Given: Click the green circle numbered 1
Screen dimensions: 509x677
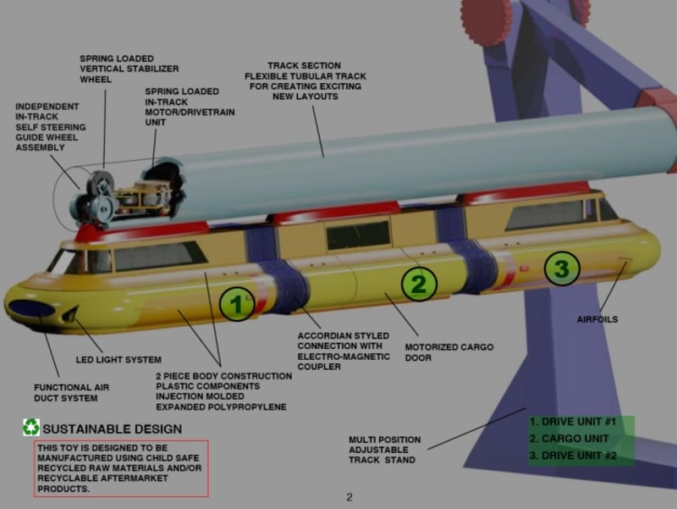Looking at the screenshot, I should [237, 304].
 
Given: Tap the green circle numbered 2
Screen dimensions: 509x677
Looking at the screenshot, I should [418, 283].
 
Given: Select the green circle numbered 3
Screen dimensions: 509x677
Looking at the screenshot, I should [561, 269].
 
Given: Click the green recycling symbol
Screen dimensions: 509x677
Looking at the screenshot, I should [31, 428].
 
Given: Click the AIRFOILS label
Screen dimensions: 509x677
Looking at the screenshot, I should [597, 319].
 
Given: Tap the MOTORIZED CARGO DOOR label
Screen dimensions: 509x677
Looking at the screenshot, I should [449, 352].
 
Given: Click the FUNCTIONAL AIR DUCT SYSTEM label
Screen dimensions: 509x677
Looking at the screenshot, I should [72, 392].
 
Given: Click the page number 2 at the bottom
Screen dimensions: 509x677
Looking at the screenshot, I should [349, 497].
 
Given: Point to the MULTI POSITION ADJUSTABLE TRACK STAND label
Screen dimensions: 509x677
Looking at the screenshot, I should [384, 450].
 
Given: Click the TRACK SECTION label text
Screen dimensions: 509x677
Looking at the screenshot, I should [305, 80].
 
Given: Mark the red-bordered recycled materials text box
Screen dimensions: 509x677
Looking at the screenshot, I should [121, 468].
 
